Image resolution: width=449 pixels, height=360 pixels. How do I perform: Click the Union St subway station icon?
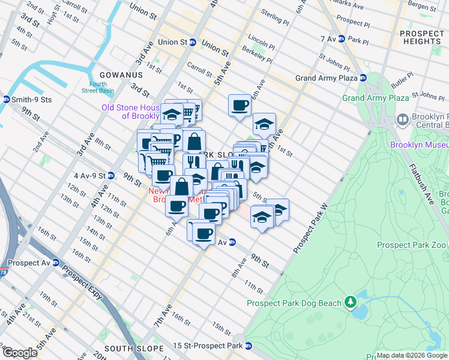click(193, 43)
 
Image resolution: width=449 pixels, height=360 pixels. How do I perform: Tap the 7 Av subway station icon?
click(341, 38)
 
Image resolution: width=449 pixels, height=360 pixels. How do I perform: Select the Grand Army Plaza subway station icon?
click(363, 78)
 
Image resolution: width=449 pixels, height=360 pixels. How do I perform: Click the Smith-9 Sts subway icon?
click(6, 100)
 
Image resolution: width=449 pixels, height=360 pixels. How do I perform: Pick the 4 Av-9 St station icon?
click(111, 176)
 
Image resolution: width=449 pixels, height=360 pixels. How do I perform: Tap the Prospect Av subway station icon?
click(55, 263)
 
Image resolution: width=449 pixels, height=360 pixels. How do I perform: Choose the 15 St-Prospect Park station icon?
click(248, 346)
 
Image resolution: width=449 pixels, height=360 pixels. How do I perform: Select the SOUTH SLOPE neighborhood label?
click(134, 349)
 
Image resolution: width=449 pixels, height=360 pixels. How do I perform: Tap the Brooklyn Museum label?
click(418, 145)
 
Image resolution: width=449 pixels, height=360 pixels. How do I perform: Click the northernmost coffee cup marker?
click(240, 105)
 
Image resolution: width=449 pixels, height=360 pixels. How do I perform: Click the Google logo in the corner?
click(20, 353)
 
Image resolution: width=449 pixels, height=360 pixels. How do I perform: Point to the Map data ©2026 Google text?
click(412, 355)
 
